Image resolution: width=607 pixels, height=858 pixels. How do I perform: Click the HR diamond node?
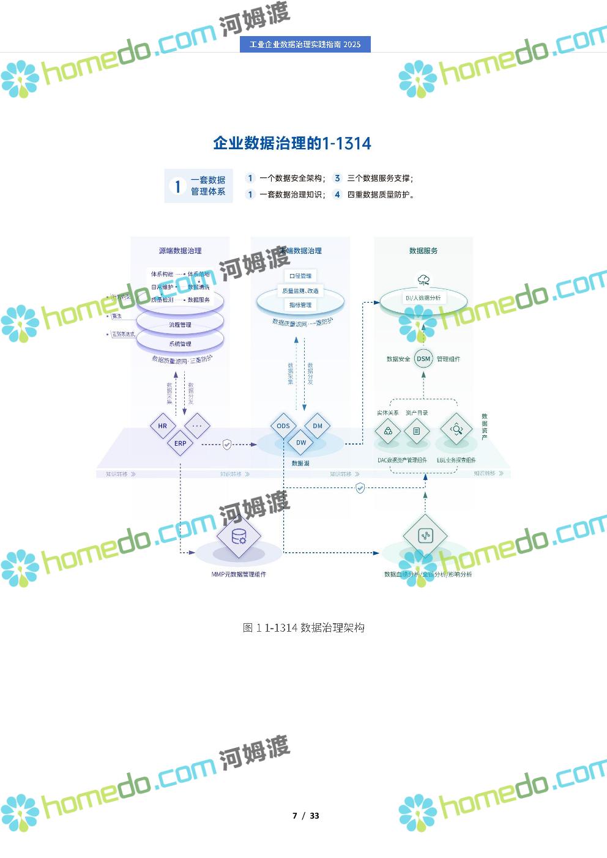coord(163,426)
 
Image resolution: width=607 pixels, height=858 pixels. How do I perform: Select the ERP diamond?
coord(181,443)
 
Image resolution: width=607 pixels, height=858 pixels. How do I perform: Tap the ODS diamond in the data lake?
coord(283,426)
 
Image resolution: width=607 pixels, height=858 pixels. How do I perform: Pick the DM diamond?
coord(318,426)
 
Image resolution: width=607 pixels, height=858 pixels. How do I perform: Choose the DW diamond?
coord(301,442)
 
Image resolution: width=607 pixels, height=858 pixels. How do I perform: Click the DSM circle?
coord(423,359)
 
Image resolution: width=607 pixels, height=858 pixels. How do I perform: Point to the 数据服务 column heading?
coord(423,251)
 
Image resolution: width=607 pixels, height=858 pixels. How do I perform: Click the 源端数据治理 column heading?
coord(180,251)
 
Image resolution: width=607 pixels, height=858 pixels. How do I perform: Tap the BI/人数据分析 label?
coord(423,298)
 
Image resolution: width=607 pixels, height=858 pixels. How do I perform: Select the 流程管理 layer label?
coord(181,325)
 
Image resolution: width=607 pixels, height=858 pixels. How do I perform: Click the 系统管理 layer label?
coord(181,344)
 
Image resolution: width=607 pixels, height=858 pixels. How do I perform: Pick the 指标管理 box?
coord(300,305)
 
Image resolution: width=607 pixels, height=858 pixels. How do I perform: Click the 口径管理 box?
coord(300,276)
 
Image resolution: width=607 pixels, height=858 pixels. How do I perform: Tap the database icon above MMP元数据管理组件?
coord(239,536)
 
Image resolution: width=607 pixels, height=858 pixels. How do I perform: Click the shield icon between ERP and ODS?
coord(227,444)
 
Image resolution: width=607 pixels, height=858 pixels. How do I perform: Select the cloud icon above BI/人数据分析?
coord(423,281)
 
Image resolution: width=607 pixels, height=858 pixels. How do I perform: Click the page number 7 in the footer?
coord(295,816)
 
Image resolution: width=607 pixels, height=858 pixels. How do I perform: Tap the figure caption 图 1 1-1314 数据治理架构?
coord(303,627)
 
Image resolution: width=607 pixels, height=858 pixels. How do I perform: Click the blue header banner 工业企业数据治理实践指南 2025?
coord(305,45)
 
